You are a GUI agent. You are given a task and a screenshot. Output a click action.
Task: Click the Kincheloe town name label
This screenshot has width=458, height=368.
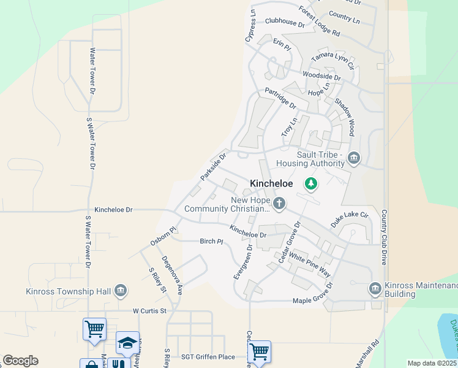coord(271,183)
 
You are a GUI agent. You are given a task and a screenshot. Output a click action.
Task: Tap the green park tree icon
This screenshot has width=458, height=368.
coord(311,183)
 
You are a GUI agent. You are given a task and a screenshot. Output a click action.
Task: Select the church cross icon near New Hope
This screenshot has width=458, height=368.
coord(280,203)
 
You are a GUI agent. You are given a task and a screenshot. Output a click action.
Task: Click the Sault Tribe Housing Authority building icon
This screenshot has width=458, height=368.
coord(353,159)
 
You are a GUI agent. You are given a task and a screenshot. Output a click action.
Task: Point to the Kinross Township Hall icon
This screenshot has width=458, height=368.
coord(121,290)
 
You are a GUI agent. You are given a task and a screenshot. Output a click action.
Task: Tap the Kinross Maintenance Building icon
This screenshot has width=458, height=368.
coord(375,287)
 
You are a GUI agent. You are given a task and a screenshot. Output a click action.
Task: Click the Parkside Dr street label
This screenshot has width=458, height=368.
coord(213,166)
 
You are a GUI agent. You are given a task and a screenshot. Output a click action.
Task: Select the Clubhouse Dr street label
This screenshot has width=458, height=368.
coord(284,23)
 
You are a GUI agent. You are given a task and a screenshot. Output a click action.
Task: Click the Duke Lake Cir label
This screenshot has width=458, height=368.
coord(350,219)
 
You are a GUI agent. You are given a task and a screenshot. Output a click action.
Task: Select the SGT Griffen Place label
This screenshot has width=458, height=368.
coord(208,357)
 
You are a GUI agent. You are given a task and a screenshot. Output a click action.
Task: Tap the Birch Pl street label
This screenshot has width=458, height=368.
coord(211,241)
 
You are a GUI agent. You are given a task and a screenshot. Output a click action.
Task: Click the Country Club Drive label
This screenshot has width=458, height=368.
coord(385,237)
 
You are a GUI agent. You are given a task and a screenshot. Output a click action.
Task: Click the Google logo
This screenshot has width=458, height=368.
coord(20,361)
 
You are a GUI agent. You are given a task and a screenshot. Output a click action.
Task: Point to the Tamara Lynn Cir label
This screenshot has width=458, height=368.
coord(332,59)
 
